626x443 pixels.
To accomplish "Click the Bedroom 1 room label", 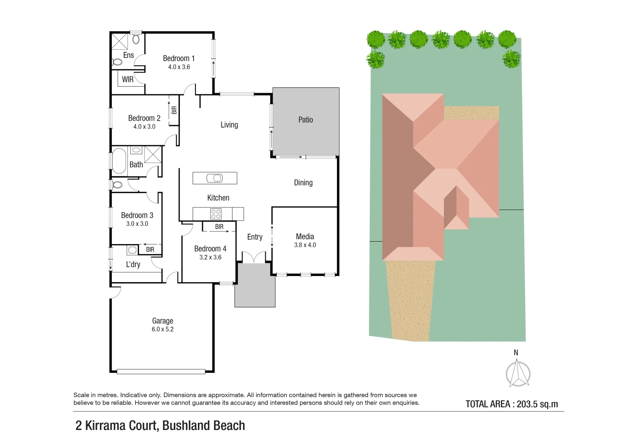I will (179, 58).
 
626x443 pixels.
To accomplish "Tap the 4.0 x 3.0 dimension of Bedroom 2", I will (144, 127).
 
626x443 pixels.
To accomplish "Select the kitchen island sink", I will (215, 178).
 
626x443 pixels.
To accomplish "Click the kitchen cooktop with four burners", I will (216, 214).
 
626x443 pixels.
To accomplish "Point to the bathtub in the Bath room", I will (119, 161).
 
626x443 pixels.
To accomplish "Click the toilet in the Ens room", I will (117, 62).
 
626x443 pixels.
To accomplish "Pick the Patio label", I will (305, 120).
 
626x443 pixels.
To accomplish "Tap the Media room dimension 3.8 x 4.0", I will (305, 245).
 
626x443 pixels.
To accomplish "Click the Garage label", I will (163, 321).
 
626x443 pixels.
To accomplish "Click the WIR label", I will (127, 80).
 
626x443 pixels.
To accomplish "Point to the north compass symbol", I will (518, 373).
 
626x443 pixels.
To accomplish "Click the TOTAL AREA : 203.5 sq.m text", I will (512, 404).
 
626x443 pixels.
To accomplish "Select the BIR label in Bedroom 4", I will (219, 227).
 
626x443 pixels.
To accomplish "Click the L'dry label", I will (133, 265).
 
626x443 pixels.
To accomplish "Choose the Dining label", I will (303, 183).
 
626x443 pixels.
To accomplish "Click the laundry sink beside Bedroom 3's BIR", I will (132, 250).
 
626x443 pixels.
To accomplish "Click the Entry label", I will (255, 237).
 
